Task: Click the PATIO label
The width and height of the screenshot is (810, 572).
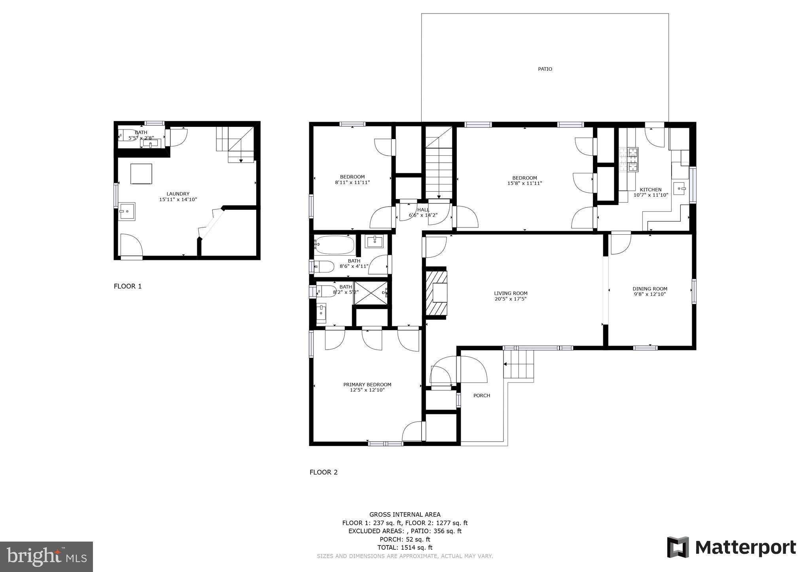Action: [545, 69]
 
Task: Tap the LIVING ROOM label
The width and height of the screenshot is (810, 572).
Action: [511, 294]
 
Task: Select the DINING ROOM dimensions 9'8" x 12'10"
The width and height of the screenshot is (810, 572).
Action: [650, 294]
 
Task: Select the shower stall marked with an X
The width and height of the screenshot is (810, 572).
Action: [370, 293]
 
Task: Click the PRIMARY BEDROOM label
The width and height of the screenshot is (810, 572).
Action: [367, 385]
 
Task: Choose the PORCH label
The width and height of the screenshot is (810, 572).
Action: [481, 395]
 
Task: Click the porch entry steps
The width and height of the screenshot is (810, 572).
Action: [519, 365]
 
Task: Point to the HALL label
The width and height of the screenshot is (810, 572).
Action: [423, 210]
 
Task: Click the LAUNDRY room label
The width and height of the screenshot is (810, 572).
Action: [178, 194]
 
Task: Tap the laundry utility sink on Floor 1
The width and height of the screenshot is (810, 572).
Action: [127, 211]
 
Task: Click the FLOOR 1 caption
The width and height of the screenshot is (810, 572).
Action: [127, 286]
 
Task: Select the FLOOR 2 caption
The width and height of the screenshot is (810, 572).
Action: [324, 472]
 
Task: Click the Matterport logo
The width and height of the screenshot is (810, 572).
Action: [731, 548]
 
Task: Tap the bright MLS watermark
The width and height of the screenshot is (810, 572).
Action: [46, 557]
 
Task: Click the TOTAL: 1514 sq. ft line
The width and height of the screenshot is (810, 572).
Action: [405, 548]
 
